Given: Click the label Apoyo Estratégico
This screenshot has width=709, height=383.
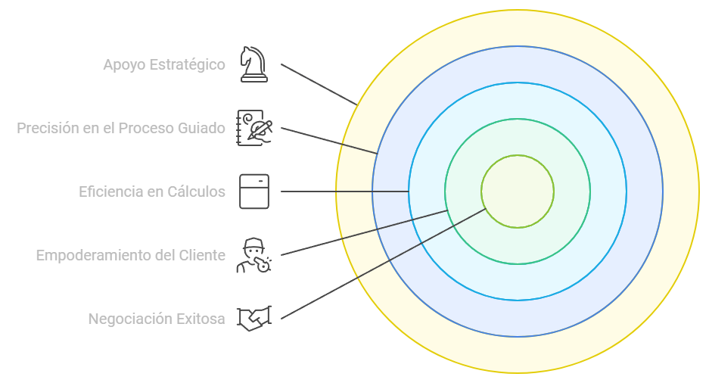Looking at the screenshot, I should tap(164, 65).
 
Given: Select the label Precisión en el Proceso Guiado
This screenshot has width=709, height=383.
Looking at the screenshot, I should tap(121, 129).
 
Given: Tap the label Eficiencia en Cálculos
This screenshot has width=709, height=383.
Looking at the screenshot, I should tap(152, 191).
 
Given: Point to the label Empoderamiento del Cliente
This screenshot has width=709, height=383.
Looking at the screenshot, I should tap(131, 256).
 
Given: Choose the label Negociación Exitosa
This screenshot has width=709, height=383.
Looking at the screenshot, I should tap(157, 319).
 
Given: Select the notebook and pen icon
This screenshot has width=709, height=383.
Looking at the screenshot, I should tap(254, 127).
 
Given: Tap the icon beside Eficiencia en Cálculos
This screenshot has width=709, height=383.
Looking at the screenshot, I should tap(253, 191).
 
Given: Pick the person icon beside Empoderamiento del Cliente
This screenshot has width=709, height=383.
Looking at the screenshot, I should tap(253, 255).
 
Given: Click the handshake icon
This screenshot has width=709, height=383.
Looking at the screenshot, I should tap(253, 319).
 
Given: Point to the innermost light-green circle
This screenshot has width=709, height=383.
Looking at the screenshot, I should tap(518, 191).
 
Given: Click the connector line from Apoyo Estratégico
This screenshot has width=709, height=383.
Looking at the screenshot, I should tap(318, 84).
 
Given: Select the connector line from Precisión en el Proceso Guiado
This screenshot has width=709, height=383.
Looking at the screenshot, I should tap(329, 140).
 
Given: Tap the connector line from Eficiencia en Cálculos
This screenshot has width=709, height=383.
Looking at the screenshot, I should tap(344, 191).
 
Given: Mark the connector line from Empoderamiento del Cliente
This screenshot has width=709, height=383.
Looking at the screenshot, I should tap(363, 232).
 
